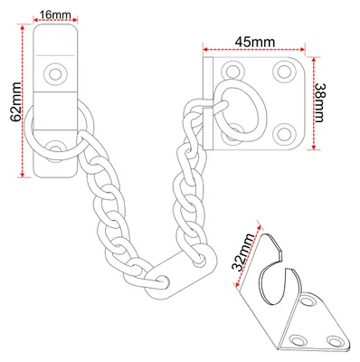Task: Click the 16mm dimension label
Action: tap(55, 14)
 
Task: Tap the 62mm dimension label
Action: tap(15, 101)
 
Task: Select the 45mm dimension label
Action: tap(255, 42)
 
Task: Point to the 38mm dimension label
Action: tap(319, 102)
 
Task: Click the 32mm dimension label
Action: tap(243, 252)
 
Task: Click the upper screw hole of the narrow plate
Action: tap(55, 74)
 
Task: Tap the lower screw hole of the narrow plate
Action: tap(55, 148)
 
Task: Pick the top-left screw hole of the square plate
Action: tap(232, 71)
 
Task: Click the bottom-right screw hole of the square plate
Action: tap(284, 134)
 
